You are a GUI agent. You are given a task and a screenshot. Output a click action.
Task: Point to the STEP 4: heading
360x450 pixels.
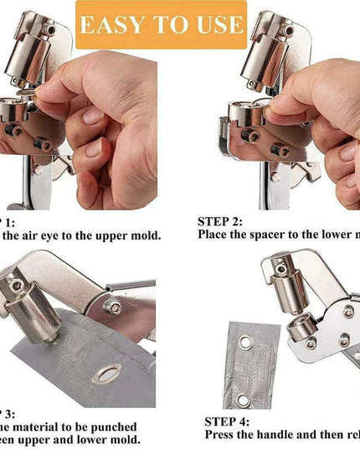click(x=227, y=422)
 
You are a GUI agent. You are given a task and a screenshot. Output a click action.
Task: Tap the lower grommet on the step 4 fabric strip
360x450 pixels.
click(x=244, y=400)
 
